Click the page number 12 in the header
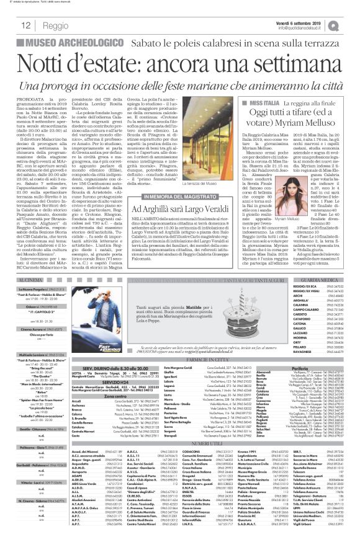27,25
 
